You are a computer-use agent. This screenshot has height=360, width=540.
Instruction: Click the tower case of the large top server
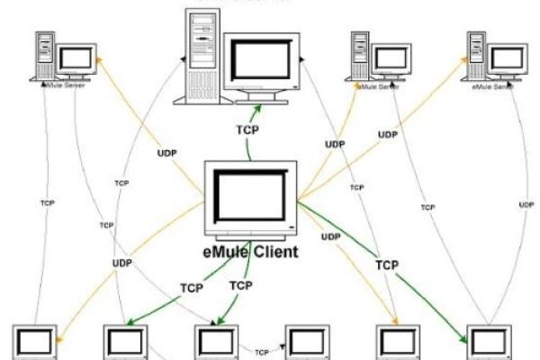(x=202, y=54)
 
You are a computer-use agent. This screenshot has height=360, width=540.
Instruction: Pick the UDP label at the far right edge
(x=526, y=205)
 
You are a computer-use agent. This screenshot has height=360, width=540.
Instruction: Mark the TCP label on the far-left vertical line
(x=47, y=203)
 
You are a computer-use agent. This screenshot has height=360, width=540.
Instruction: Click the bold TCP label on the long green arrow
(x=387, y=265)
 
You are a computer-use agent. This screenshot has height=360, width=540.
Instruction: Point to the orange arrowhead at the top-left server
(x=102, y=58)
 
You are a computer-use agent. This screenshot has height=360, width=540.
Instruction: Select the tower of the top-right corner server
(x=478, y=57)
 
